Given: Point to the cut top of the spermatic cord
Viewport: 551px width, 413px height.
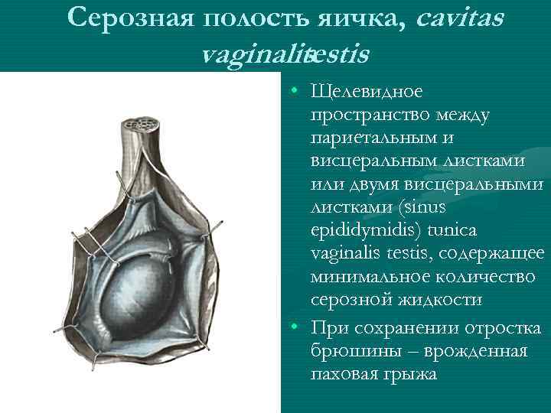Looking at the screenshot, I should tap(142, 123).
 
